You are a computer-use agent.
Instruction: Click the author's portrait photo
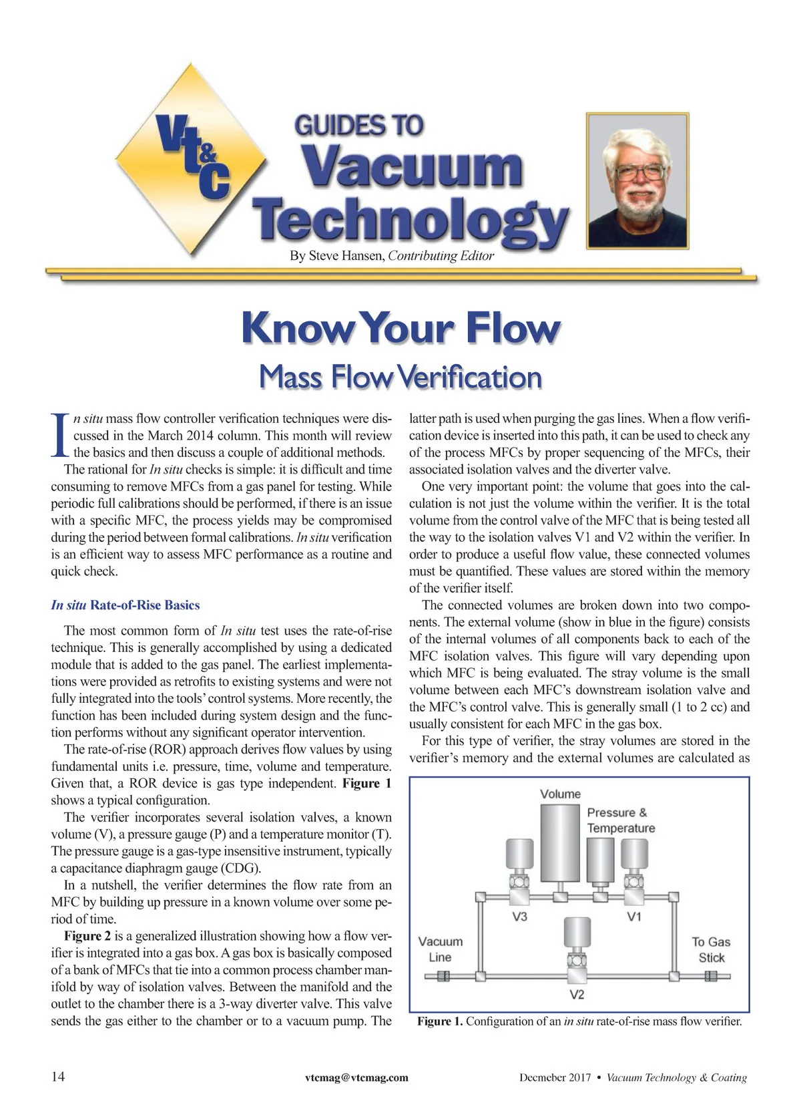coord(638,180)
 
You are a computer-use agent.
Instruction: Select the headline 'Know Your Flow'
coord(400,328)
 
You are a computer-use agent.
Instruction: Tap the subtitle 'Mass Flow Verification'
coord(400,377)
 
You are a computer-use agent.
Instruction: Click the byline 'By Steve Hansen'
coord(336,256)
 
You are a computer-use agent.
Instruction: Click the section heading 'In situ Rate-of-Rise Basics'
coord(125,605)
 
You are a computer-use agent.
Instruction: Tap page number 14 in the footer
coord(59,1077)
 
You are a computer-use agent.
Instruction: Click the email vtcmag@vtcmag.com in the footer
coord(356,1078)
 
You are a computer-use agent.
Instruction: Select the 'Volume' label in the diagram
coord(560,794)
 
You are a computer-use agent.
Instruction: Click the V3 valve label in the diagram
coord(519,917)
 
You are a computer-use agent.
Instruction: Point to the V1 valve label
coord(634,917)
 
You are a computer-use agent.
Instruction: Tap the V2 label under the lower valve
coord(577,995)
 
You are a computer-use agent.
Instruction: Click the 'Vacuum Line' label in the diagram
coord(440,949)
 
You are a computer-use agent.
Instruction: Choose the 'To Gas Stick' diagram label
coord(711,949)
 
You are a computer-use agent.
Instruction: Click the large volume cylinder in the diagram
coord(559,842)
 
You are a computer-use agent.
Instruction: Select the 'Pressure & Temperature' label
coord(620,820)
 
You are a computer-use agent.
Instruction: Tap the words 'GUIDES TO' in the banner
coord(358,125)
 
